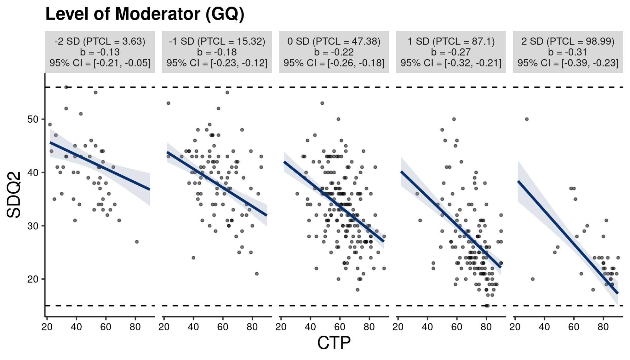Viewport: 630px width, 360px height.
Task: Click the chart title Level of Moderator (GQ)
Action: point(145,14)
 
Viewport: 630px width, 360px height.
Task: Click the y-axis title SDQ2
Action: point(14,195)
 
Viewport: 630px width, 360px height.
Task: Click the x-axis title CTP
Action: point(334,343)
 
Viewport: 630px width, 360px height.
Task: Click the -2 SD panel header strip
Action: point(100,52)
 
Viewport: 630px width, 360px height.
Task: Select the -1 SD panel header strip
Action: point(217,52)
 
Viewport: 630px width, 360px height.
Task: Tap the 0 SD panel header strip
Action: point(334,52)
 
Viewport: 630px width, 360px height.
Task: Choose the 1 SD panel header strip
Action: point(451,52)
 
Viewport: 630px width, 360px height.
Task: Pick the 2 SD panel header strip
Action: point(568,52)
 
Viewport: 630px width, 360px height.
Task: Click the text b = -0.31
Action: point(568,52)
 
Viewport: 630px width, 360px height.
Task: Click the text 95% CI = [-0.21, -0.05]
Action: point(100,63)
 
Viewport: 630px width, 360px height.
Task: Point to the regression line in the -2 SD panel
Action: point(100,166)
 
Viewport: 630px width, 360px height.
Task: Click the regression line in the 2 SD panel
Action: point(568,238)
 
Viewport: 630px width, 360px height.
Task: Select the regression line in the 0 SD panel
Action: point(334,202)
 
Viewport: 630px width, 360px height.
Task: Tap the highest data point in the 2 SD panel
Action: point(527,119)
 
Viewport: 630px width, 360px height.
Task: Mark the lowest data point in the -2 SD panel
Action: point(137,242)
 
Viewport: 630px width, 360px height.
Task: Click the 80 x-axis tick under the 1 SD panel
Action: point(486,327)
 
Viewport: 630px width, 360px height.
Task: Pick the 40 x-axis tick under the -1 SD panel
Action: point(193,327)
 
